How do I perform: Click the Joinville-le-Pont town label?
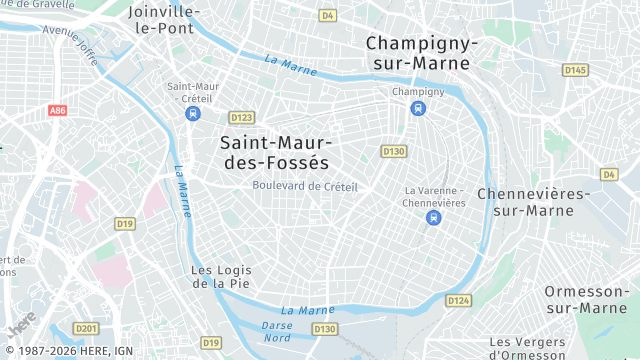coord(165,19)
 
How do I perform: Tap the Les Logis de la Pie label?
coord(221,276)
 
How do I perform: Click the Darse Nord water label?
coord(277,331)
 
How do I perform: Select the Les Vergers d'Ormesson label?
coord(528,347)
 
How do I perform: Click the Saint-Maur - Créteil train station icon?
coord(192,114)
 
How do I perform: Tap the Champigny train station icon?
coord(418,108)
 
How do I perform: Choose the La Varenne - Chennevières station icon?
coord(434,217)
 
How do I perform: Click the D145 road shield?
coord(574,70)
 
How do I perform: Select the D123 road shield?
coord(242,117)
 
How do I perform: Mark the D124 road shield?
coord(458,300)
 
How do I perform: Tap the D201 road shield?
coord(87,329)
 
